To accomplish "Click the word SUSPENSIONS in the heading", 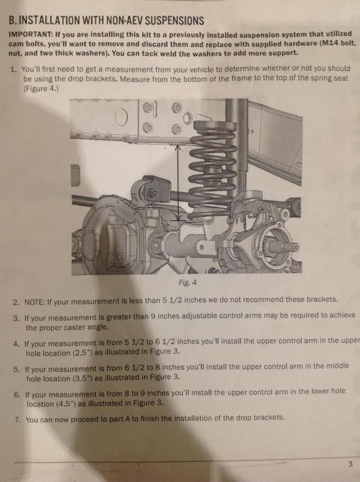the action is (174, 20).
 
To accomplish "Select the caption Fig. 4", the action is (188, 283).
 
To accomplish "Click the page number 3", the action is (350, 464).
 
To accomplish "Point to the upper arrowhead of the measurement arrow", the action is (178, 148).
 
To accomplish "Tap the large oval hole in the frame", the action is (121, 117).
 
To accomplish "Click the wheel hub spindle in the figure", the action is (282, 246).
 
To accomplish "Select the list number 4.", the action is (16, 343).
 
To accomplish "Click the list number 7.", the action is (17, 419).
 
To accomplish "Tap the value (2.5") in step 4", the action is (82, 353).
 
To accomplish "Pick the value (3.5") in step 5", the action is (83, 378).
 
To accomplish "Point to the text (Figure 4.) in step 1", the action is (41, 89).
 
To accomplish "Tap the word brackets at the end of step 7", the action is (268, 418).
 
